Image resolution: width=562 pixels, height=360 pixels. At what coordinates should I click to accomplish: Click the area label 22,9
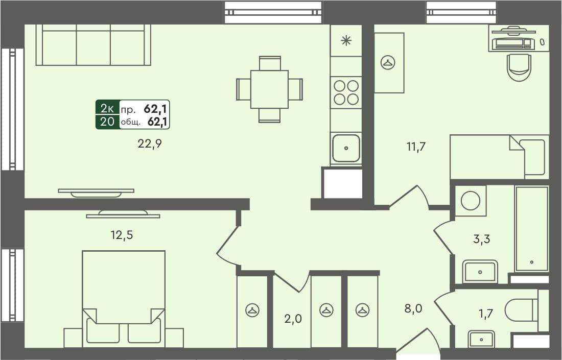coord(150,144)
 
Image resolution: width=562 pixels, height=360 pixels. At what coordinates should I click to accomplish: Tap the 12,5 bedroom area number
coord(125,235)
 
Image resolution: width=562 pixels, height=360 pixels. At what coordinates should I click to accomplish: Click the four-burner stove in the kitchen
coord(346,92)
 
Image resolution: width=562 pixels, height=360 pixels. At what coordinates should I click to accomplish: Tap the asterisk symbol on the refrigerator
coord(346,41)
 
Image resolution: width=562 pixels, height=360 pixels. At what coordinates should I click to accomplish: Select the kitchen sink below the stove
coord(346,148)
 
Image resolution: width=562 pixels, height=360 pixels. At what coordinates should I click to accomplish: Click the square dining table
coord(269,89)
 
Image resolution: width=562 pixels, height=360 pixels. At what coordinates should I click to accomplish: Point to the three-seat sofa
coord(93,46)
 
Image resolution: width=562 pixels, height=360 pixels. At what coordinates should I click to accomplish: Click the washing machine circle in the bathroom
coord(470,200)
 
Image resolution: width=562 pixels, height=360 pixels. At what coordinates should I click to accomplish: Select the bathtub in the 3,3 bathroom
coord(531,228)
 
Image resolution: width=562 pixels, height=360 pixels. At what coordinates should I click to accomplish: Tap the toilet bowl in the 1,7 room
coord(520,310)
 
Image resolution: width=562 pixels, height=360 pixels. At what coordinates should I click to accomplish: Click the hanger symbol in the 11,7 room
coord(388,62)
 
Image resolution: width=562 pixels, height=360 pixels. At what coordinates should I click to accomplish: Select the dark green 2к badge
coord(107,108)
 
